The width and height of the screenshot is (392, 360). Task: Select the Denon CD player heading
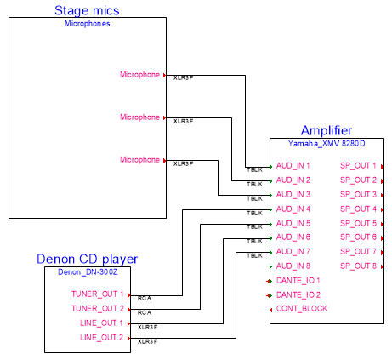point(87,259)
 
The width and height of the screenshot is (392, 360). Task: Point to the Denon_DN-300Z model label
point(87,272)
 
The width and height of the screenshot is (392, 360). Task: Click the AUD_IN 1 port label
point(293,166)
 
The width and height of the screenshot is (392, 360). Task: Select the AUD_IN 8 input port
point(293,266)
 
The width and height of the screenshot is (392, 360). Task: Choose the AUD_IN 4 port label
point(293,209)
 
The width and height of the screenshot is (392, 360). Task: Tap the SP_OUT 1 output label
point(358,166)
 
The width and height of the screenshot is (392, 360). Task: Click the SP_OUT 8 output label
point(358,266)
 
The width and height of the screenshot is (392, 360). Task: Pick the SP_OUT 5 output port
point(358,223)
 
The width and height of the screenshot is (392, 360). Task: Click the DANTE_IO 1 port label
point(298,280)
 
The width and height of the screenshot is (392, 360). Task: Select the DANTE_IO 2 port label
point(298,294)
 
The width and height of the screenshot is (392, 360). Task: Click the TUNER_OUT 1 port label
point(98,294)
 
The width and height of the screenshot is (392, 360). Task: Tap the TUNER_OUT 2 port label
point(98,308)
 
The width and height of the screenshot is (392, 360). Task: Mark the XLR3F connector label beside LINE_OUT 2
point(147,342)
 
